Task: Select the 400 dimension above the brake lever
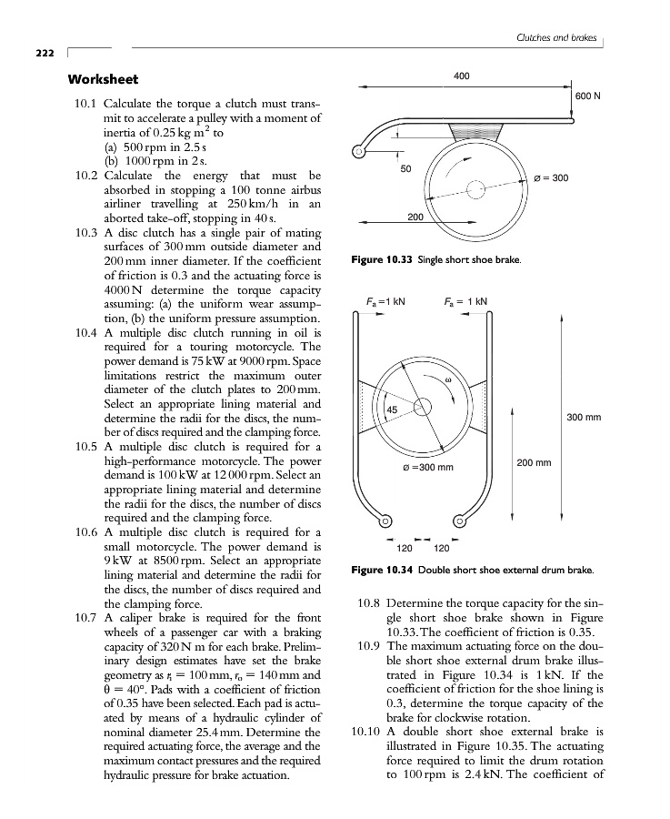(461, 76)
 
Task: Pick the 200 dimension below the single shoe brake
(415, 217)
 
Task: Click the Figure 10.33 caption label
(382, 260)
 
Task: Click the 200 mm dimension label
(535, 462)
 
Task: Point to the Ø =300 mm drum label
(427, 468)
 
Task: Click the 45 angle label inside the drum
(393, 410)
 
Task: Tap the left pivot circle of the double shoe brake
(386, 521)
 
